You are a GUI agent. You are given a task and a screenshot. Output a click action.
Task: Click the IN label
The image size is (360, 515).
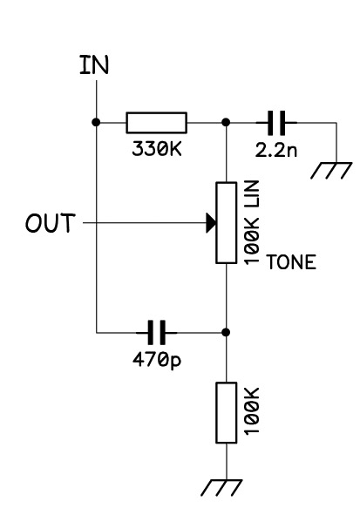[94, 64]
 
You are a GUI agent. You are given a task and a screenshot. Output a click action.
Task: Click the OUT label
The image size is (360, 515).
[51, 223]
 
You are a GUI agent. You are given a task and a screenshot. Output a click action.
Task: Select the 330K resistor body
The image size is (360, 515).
[157, 123]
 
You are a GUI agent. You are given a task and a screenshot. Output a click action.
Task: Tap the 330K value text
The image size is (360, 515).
[157, 148]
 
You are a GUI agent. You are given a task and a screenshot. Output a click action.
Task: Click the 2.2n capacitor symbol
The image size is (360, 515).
[276, 123]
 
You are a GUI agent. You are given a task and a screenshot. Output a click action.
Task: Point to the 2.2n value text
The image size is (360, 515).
[276, 150]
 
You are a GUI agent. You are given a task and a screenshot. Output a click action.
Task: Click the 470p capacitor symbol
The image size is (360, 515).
[157, 332]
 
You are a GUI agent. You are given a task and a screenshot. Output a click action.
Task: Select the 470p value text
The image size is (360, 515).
[157, 360]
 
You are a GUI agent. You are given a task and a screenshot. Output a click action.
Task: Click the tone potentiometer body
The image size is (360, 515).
[227, 223]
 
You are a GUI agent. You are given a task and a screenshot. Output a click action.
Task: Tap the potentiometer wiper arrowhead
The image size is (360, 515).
[211, 223]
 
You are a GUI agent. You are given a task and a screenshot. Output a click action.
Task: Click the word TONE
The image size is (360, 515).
[292, 262]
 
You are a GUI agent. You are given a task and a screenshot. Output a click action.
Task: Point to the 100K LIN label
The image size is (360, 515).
[252, 222]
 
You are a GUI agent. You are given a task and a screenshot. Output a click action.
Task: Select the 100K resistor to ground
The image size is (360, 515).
[227, 413]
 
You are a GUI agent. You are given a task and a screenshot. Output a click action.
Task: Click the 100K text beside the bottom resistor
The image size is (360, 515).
[252, 411]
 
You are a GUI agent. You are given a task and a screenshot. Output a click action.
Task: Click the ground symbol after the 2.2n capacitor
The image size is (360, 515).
[331, 170]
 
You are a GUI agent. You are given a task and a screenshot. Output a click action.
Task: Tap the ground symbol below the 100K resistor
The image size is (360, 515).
[221, 487]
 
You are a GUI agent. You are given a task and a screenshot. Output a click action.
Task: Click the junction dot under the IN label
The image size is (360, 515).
[96, 123]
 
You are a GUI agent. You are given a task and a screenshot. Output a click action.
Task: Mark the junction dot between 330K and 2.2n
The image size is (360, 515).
[226, 123]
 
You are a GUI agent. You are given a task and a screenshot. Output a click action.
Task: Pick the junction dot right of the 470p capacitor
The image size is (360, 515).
[226, 332]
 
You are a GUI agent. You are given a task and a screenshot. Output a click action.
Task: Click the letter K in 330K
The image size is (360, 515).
[176, 148]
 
